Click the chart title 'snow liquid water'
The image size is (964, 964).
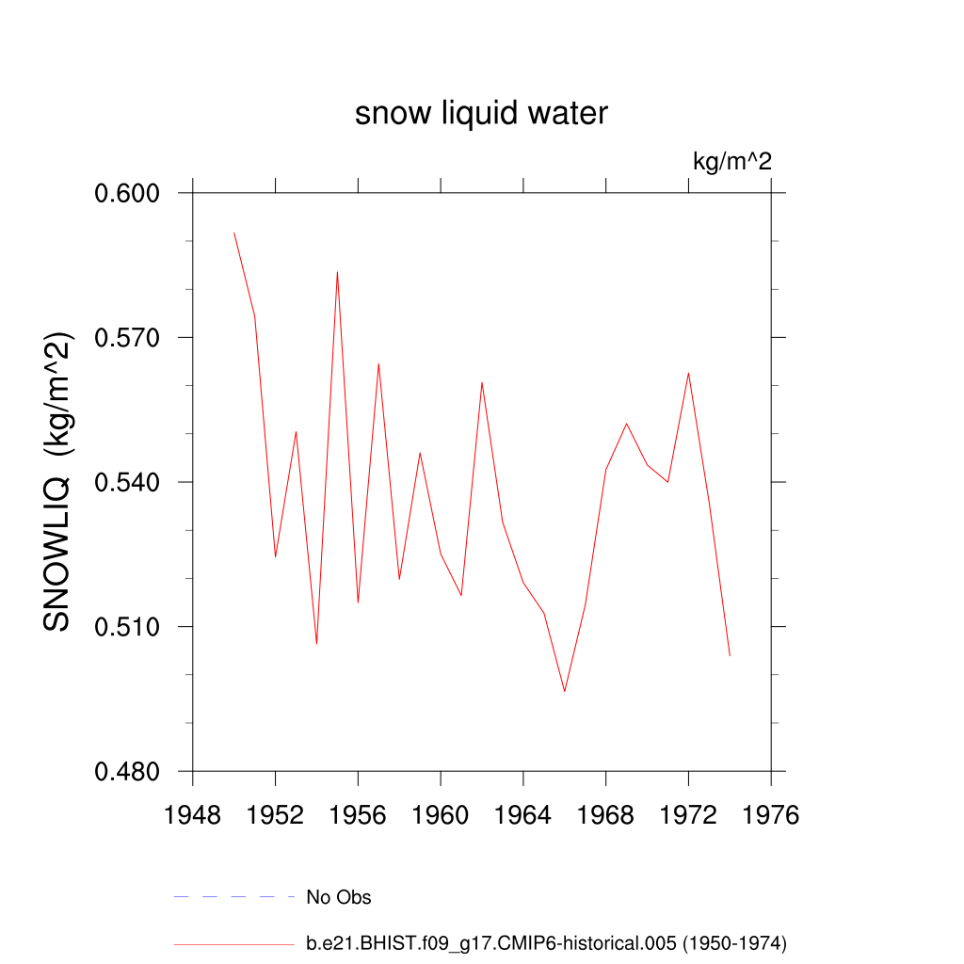(x=481, y=114)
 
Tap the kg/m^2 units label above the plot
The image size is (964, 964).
(x=732, y=162)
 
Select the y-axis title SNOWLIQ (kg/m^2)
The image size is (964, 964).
(x=58, y=482)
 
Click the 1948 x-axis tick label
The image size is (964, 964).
(x=193, y=814)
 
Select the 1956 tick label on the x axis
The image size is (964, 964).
(x=358, y=814)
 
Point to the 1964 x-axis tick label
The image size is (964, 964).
(x=523, y=814)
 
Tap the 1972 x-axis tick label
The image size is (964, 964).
(x=688, y=814)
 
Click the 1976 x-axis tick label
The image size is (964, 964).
(x=771, y=814)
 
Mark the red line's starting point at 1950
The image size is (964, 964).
(x=234, y=233)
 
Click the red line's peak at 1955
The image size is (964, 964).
(x=337, y=272)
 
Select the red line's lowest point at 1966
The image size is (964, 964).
(x=565, y=691)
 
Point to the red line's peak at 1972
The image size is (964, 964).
(x=688, y=373)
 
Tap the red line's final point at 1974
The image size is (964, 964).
(x=730, y=655)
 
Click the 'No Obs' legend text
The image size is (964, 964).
(x=339, y=897)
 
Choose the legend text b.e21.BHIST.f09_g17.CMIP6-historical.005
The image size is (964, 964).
(x=546, y=942)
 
